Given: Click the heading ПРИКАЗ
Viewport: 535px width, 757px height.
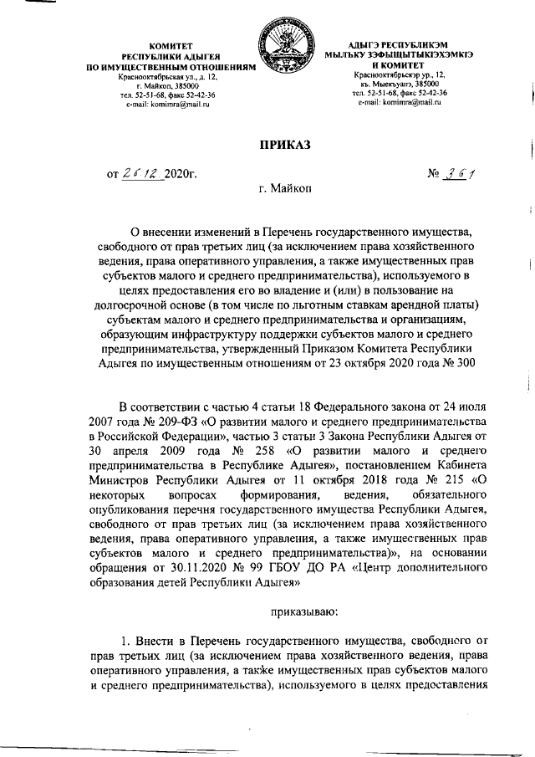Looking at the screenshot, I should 283,145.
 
